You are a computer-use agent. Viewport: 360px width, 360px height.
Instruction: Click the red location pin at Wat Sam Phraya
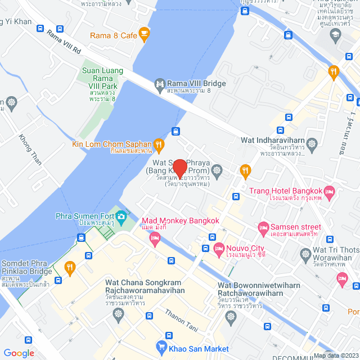click(179, 168)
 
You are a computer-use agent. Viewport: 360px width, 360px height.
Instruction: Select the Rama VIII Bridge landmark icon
click(160, 84)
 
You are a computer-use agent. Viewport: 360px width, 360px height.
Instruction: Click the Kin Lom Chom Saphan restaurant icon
click(159, 143)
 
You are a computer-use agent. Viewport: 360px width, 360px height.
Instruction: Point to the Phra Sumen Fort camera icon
click(121, 216)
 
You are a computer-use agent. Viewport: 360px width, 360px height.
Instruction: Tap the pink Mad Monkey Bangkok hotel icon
click(155, 239)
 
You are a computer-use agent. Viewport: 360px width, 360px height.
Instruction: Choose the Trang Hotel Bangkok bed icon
click(330, 193)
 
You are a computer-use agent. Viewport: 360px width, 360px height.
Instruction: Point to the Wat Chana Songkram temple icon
click(118, 313)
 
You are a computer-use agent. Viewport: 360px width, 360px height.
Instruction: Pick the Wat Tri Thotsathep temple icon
click(306, 255)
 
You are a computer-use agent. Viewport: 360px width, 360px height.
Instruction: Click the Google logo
click(19, 353)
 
